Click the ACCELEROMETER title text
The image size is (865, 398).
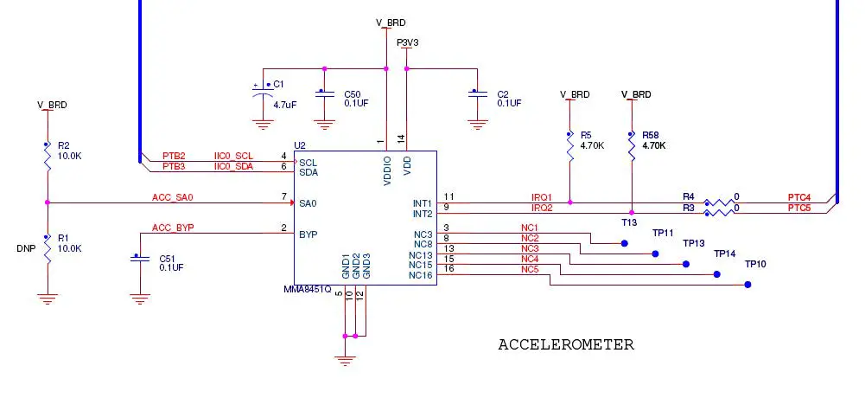click(x=565, y=345)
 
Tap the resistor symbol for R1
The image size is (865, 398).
click(x=48, y=247)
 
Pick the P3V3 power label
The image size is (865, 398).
click(x=408, y=42)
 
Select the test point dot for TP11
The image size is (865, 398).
click(x=625, y=244)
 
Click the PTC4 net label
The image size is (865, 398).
click(x=799, y=198)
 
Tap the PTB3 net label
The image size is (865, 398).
click(x=174, y=166)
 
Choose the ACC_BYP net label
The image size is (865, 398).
click(x=173, y=228)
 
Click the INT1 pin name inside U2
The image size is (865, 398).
click(x=423, y=203)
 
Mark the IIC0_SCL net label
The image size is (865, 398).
click(x=233, y=156)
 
